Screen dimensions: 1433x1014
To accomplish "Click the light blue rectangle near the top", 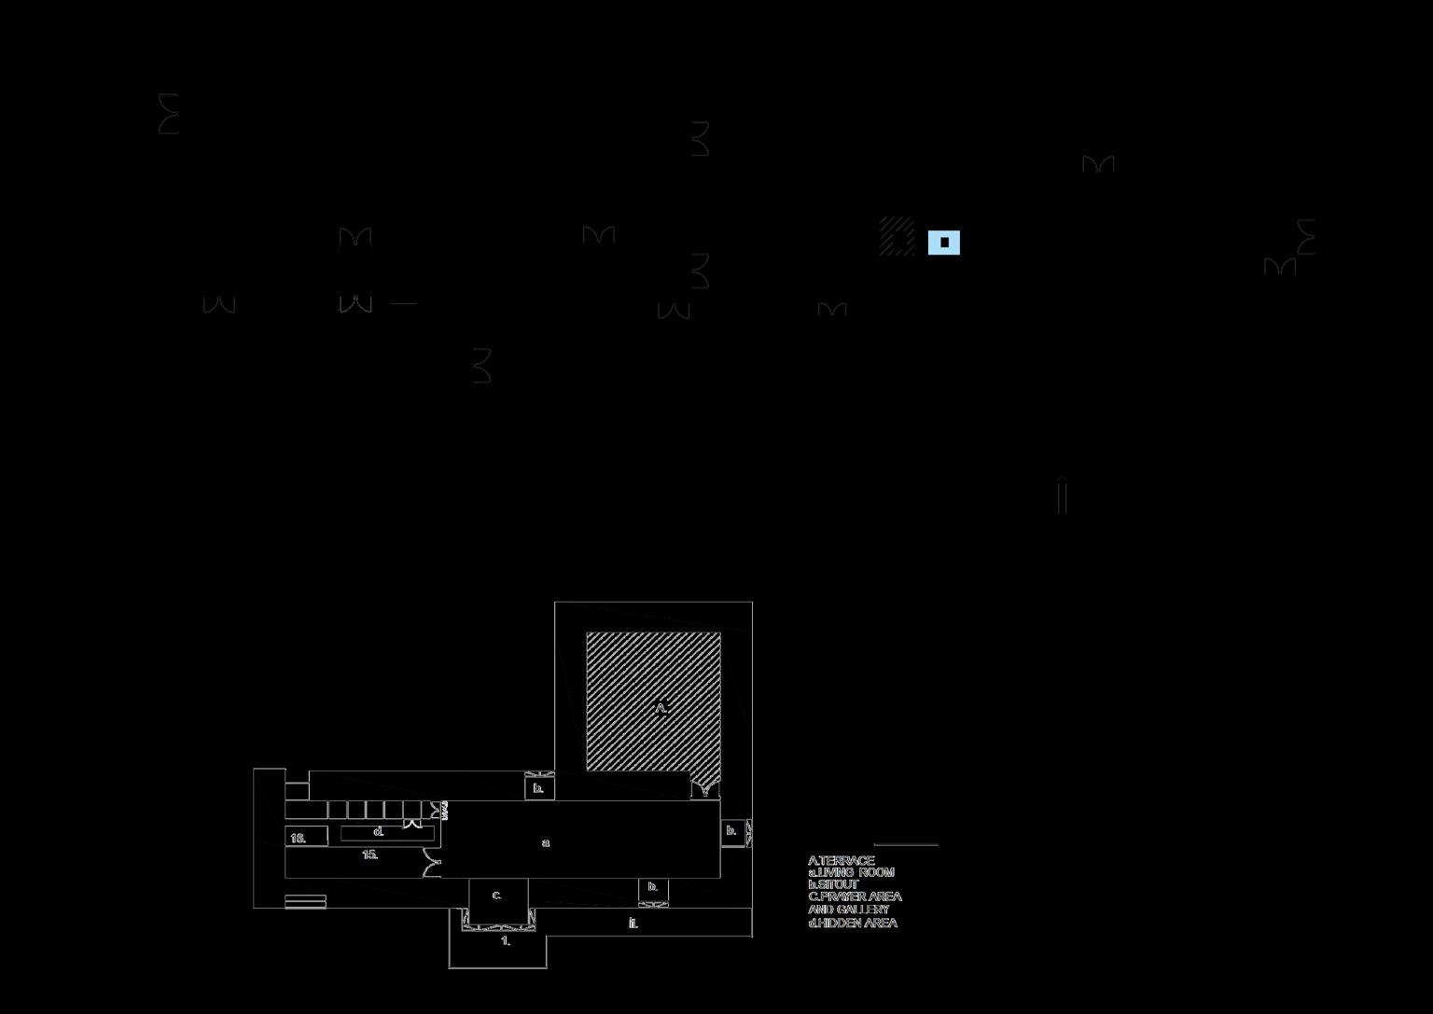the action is click(943, 243).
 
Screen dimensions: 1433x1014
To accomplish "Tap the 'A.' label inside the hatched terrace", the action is click(661, 708).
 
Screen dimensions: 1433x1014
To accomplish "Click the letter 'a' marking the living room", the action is click(546, 843).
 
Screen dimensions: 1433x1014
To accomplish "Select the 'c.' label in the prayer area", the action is click(496, 895).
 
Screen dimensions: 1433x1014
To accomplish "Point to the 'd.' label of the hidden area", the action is click(379, 831).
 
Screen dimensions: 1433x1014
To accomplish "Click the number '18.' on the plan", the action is click(299, 838).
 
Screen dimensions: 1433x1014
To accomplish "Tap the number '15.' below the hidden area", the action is click(370, 854).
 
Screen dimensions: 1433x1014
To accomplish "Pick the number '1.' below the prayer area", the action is click(506, 941).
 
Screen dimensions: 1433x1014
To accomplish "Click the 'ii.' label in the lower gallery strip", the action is click(633, 923).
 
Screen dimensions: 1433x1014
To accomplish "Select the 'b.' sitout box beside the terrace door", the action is click(538, 788).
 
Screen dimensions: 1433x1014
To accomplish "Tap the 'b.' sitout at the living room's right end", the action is click(731, 830).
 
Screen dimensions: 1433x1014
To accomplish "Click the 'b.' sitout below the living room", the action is click(653, 887).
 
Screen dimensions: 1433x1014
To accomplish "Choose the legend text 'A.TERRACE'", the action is click(842, 860).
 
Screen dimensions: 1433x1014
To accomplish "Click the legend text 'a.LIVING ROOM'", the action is click(851, 872).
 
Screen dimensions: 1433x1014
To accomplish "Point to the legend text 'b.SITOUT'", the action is click(833, 884).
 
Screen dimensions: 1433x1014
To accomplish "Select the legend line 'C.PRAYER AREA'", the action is click(855, 896).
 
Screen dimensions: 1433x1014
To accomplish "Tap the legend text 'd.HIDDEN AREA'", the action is click(853, 923).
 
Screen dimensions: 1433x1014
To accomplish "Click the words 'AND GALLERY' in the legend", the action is click(849, 910).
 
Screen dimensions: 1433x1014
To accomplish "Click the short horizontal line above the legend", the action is click(906, 844).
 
